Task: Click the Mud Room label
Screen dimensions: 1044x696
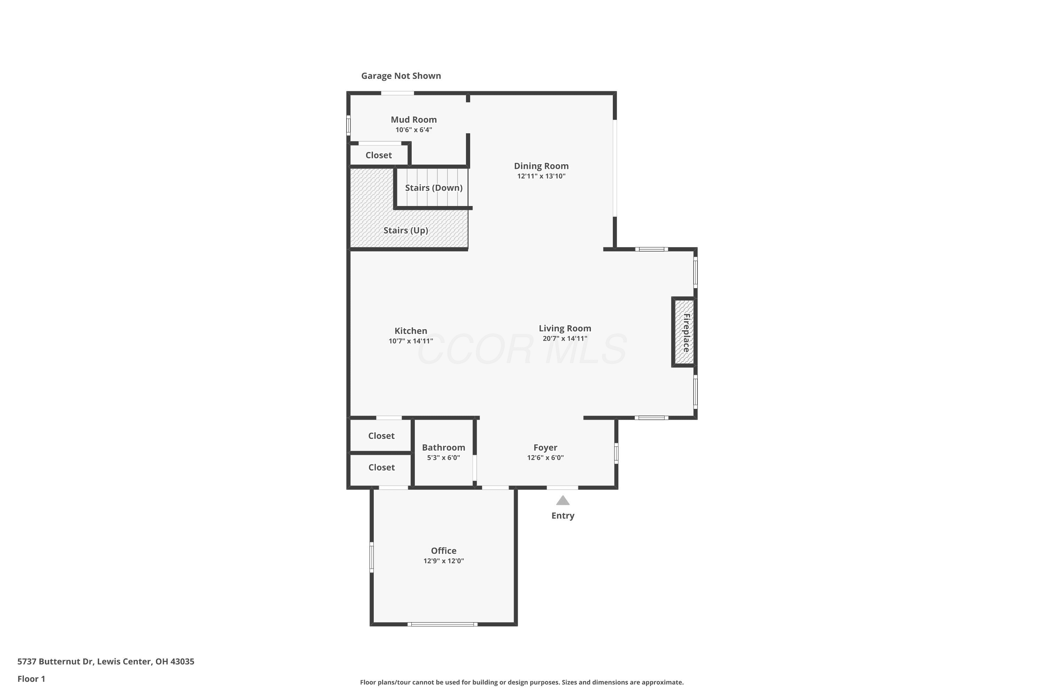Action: point(414,119)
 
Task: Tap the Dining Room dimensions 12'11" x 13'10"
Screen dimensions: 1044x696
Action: point(541,176)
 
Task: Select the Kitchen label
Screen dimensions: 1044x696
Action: point(411,331)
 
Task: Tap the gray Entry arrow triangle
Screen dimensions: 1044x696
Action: point(563,500)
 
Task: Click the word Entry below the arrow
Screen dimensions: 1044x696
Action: point(563,516)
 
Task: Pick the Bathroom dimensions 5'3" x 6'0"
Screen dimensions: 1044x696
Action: point(443,458)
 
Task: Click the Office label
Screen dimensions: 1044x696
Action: point(443,551)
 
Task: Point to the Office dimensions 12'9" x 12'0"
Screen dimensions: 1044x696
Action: point(443,561)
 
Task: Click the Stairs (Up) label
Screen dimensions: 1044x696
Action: point(406,230)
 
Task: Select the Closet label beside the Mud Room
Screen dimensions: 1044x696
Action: point(379,155)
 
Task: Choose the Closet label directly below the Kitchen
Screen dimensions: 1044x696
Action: point(381,436)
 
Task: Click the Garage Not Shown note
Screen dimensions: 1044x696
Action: point(401,76)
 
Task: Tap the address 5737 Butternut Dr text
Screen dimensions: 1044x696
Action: point(55,662)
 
